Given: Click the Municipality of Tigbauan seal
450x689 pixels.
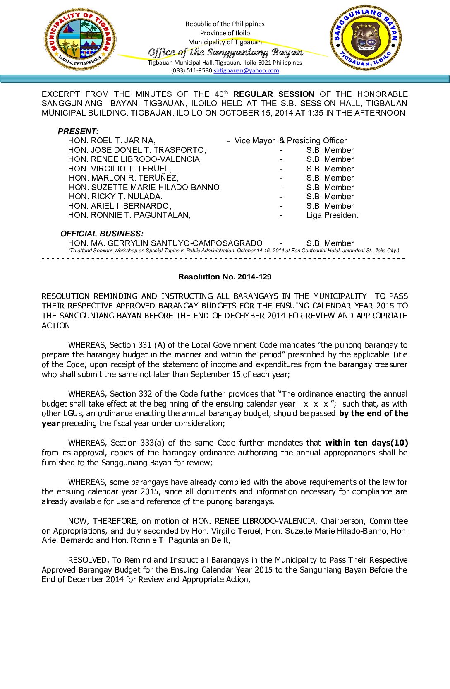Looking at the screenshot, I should point(80,40).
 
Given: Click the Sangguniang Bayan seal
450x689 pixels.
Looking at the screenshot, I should point(366,38).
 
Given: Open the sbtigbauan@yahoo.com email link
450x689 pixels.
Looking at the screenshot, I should point(246,70).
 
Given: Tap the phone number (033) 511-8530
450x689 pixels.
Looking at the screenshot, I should point(191,70).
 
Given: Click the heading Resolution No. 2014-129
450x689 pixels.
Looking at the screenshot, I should point(225,277).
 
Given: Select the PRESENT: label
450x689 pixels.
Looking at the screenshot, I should point(78,131).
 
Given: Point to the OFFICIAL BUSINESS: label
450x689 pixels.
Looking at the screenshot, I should point(102,234).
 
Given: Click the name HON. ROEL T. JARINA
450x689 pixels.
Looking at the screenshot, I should point(112,141).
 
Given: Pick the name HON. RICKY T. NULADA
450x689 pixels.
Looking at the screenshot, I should point(116,197).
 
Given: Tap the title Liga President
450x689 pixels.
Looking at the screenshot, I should point(332,215).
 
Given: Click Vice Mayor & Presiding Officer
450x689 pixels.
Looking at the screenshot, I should point(290,141).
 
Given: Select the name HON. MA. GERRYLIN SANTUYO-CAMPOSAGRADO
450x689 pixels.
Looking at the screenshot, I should point(165,243).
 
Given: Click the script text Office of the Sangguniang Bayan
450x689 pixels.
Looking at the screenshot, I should point(225,52).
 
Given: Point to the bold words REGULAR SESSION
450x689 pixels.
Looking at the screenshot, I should point(273,94).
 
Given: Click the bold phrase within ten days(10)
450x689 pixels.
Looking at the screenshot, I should point(366,443).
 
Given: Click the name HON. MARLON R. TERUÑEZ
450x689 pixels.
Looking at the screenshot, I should point(124,178).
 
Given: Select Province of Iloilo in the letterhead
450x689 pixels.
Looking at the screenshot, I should point(225,33).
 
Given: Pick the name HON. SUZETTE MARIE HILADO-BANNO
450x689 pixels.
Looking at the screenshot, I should point(144,187).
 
